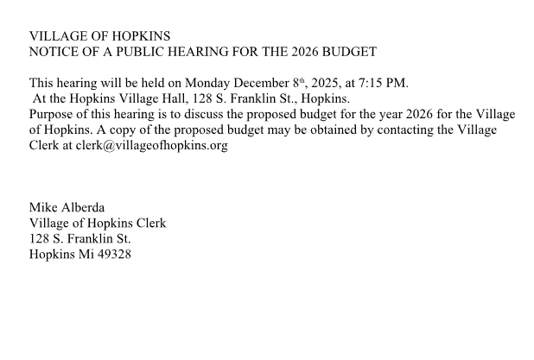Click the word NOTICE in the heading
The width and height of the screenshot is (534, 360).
(53, 52)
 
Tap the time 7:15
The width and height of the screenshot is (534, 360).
(377, 83)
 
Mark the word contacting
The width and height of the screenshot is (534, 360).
(409, 129)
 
